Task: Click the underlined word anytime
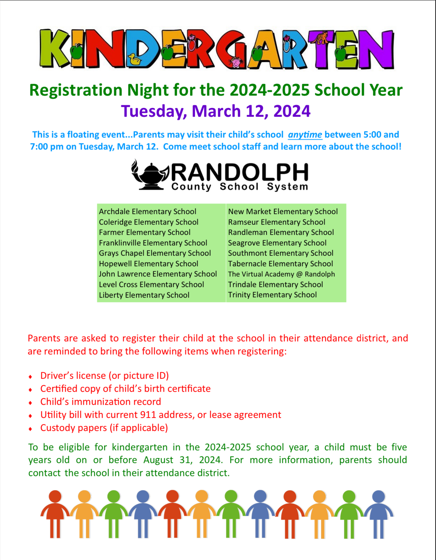pos(305,135)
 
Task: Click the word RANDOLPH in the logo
pos(240,172)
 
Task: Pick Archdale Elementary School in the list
pos(147,212)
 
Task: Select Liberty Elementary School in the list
pos(144,295)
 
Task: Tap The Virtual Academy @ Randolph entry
pos(281,274)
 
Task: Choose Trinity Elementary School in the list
pos(272,295)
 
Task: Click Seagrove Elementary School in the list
pos(277,243)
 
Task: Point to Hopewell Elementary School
pos(148,264)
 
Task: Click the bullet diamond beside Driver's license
pos(31,377)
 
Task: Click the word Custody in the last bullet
pos(56,428)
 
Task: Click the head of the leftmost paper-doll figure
pos(55,496)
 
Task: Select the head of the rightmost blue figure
pos(379,496)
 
